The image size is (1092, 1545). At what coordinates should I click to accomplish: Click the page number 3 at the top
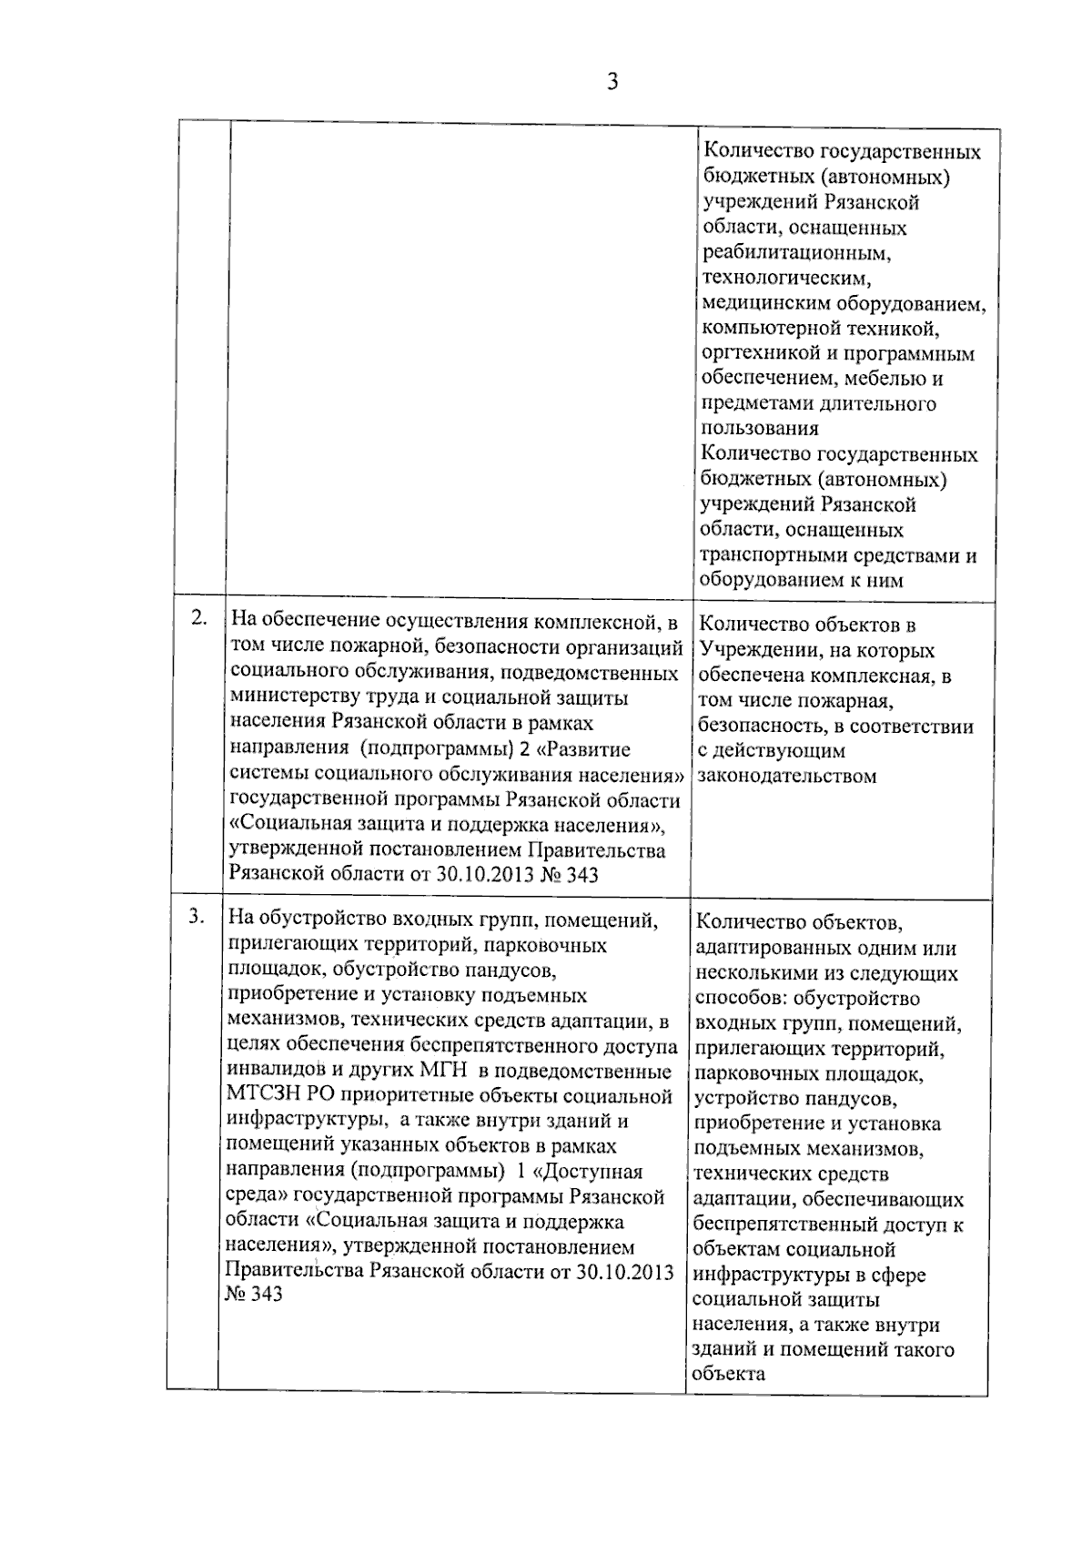pyautogui.click(x=612, y=83)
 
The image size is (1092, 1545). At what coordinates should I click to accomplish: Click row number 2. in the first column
pyautogui.click(x=199, y=618)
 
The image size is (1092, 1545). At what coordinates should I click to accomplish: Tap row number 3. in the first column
pyautogui.click(x=196, y=917)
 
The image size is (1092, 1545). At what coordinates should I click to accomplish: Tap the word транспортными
pyautogui.click(x=773, y=555)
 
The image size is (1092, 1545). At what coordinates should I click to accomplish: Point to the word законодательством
pyautogui.click(x=787, y=777)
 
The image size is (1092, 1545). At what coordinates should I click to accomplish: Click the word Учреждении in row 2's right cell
pyautogui.click(x=749, y=651)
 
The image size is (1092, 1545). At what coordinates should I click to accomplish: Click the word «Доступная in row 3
pyautogui.click(x=596, y=1172)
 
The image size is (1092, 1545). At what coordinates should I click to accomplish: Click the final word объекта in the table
pyautogui.click(x=728, y=1375)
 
